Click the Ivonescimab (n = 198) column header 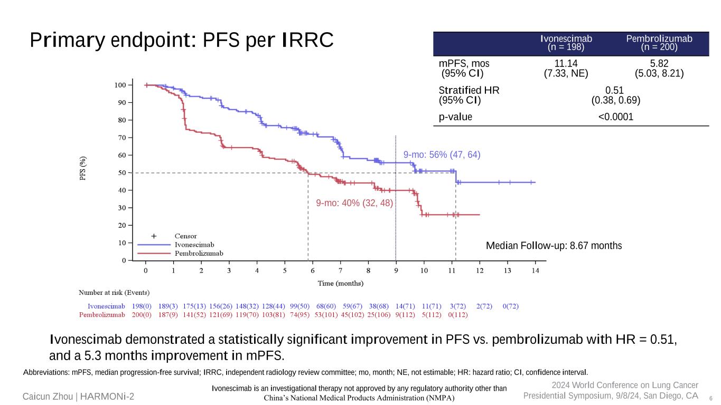566,43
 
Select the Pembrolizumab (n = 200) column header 659,43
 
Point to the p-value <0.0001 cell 615,117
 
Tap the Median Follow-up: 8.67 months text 554,246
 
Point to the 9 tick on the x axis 396,271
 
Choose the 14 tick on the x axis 535,271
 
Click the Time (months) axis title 340,283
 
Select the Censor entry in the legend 185,236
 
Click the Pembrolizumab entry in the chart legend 199,254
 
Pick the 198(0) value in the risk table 142,306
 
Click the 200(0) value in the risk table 142,315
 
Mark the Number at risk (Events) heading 114,293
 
